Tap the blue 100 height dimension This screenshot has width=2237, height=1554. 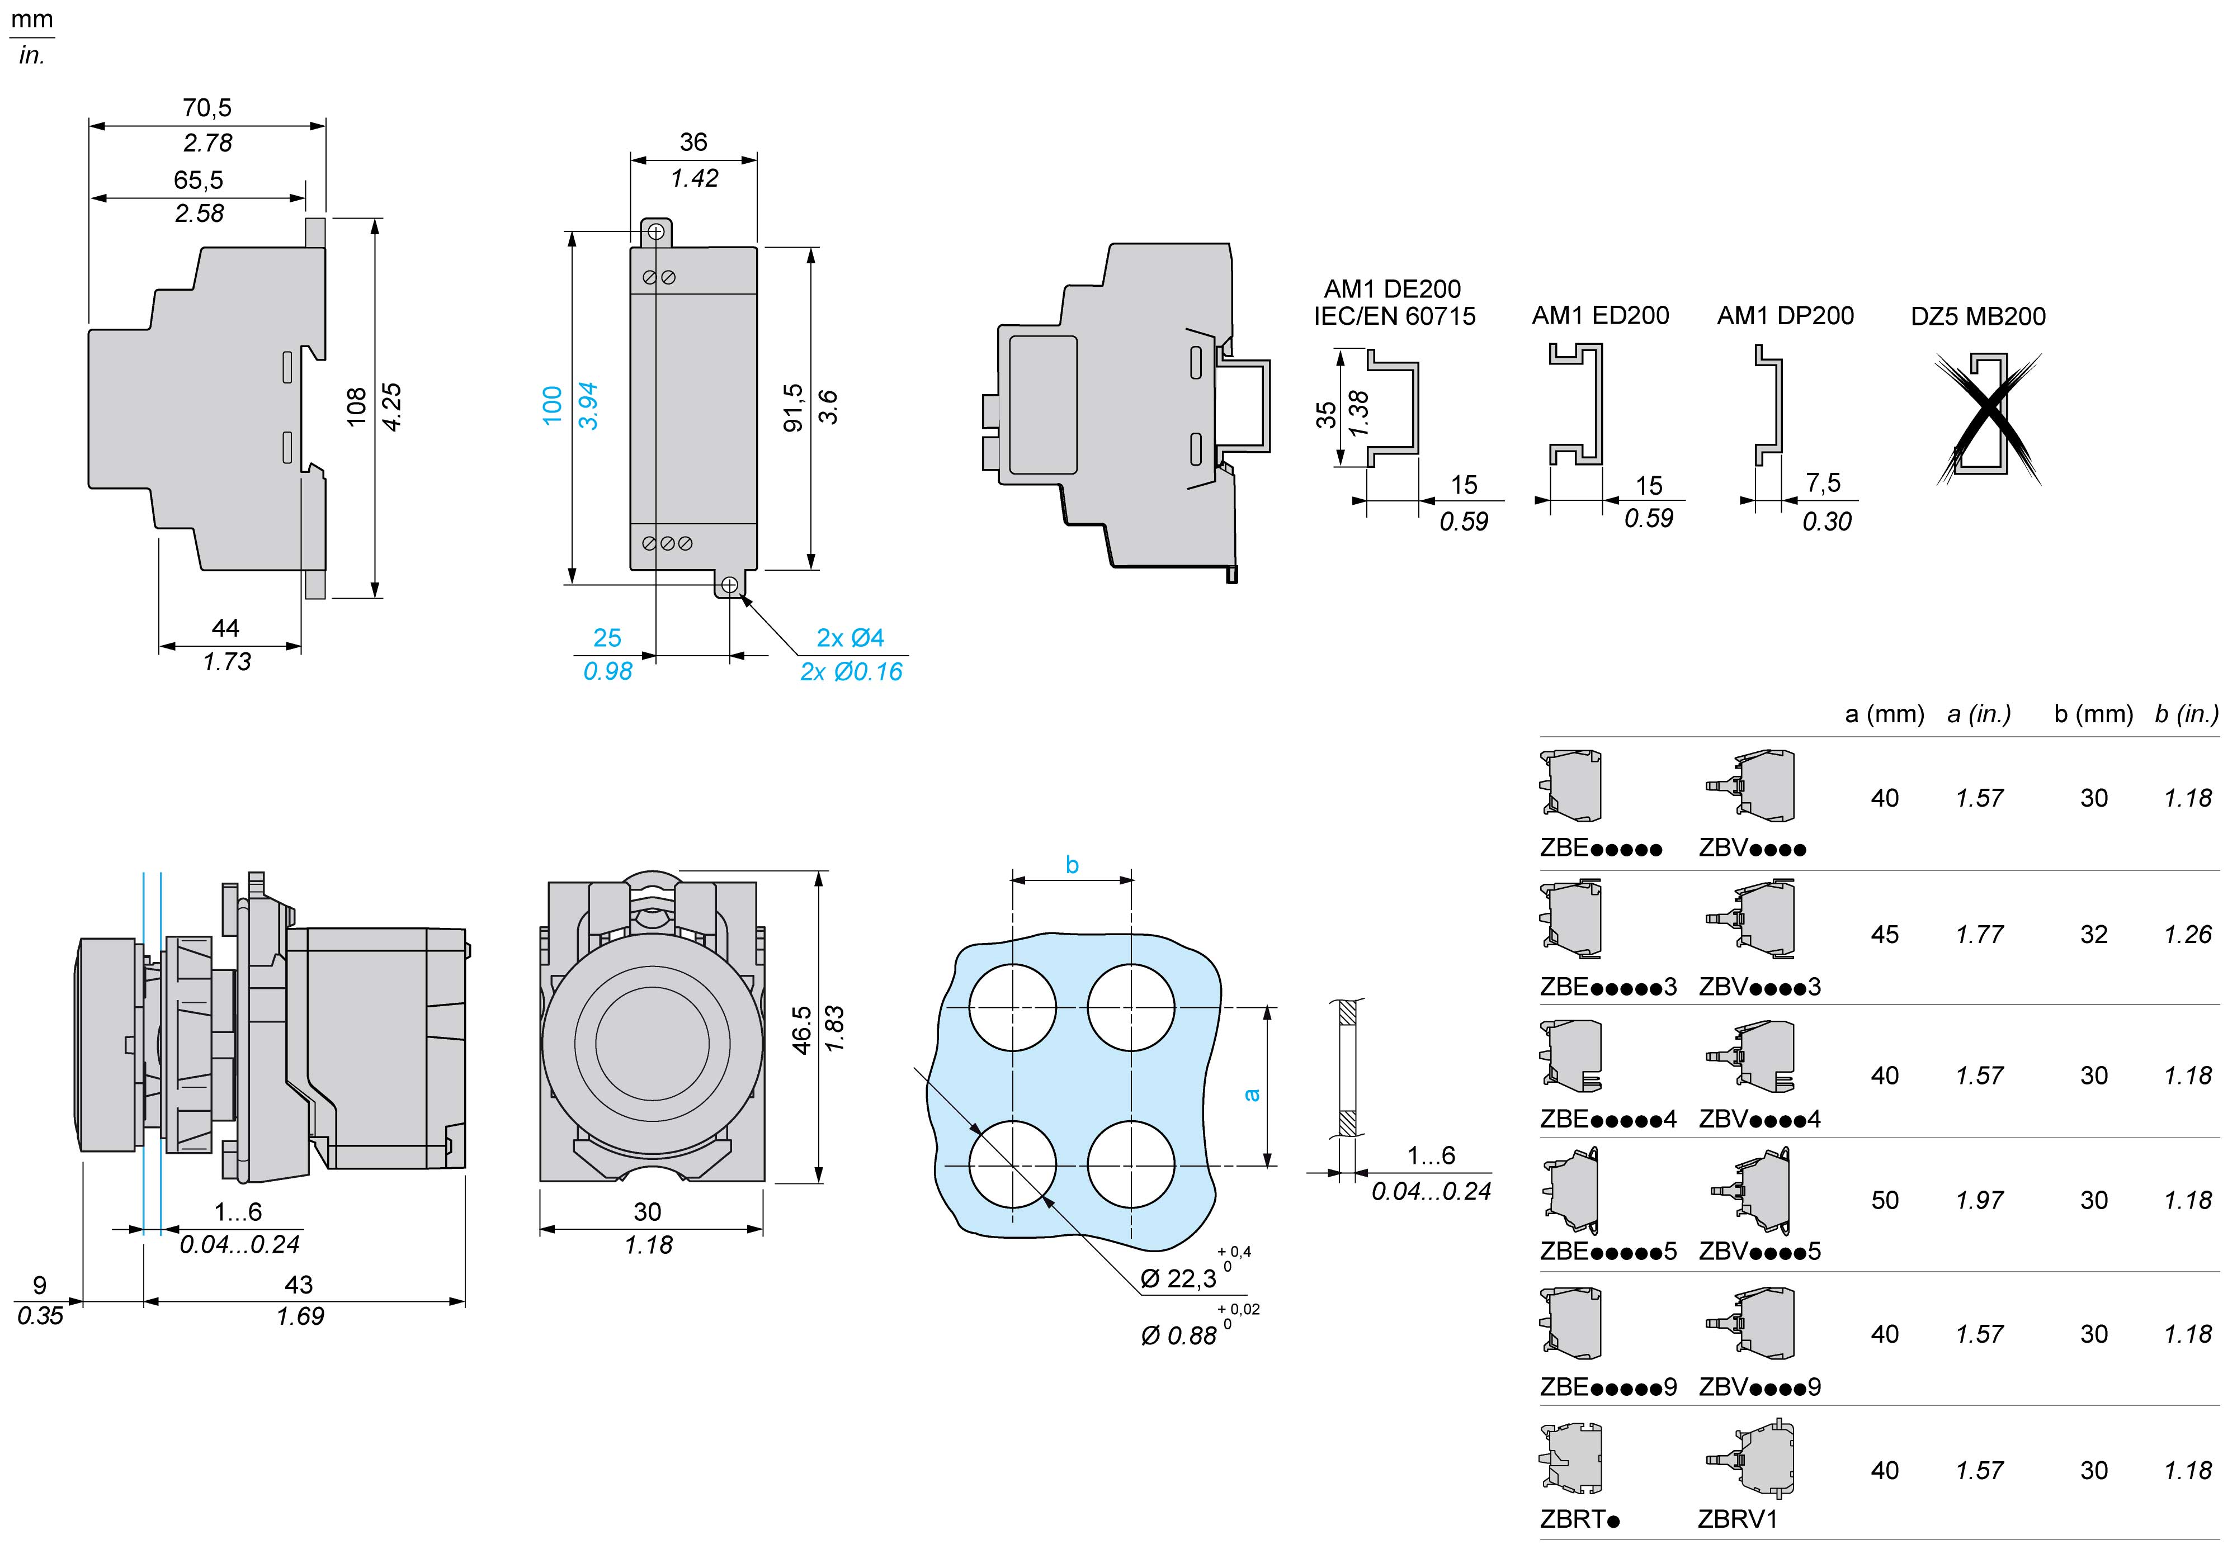(x=552, y=405)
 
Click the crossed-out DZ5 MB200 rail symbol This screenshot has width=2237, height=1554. (x=1986, y=419)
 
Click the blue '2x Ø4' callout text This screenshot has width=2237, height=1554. (x=850, y=638)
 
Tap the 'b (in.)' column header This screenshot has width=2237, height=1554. (x=2186, y=714)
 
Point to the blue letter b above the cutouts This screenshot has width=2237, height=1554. (x=1072, y=865)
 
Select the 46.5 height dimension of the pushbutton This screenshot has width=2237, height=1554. (x=801, y=1029)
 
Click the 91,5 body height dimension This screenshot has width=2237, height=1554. (x=793, y=407)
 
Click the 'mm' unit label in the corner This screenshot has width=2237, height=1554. (x=31, y=20)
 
